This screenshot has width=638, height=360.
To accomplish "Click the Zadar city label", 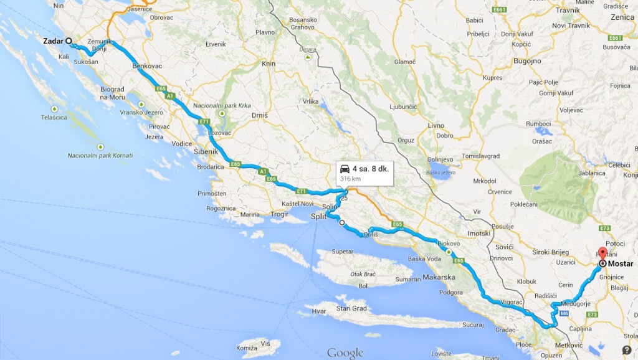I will tap(54, 41).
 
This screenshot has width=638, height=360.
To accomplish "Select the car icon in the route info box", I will tap(343, 169).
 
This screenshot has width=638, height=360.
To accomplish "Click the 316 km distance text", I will tap(350, 179).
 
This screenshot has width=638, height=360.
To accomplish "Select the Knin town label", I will tap(269, 64).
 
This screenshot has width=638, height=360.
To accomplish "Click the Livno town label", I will tap(436, 125).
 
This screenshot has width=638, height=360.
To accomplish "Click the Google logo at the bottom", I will tap(345, 353).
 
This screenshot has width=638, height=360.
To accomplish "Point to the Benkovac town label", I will tap(147, 65).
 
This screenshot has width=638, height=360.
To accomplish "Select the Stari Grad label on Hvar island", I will tap(351, 308).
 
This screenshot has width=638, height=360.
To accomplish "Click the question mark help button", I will tap(626, 349).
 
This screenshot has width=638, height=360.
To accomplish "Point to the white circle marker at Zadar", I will tap(69, 41).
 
